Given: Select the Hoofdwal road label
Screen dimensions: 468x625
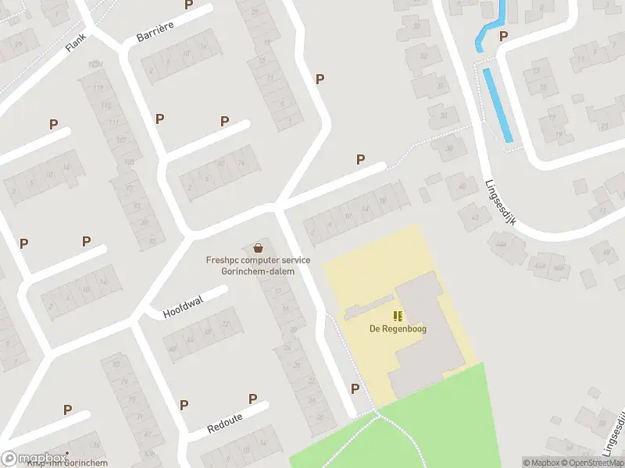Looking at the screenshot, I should pos(183,306).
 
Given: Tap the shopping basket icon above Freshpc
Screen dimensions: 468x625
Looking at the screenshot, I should pos(258,247).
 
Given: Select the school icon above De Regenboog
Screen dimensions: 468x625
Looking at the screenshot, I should pos(398,316).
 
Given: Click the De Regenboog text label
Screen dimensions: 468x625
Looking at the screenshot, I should pos(398,328).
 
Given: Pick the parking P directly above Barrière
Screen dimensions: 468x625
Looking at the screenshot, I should pos(188,5).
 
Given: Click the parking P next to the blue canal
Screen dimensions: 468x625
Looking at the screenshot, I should pos(503,36).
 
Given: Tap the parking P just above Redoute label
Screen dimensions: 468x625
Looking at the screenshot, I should pos(252,399).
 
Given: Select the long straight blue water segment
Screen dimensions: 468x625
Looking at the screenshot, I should pos(497,105).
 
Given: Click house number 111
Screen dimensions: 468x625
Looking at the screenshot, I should pos(113,123).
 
